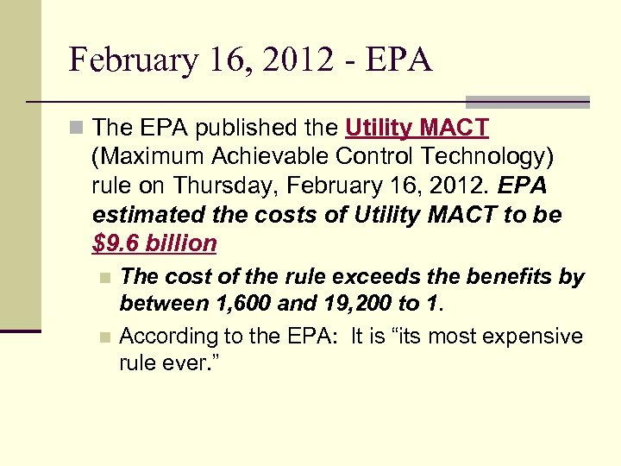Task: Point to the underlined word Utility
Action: [379, 129]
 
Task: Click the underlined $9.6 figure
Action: [116, 243]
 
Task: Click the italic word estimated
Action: [142, 215]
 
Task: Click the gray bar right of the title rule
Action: [527, 102]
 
